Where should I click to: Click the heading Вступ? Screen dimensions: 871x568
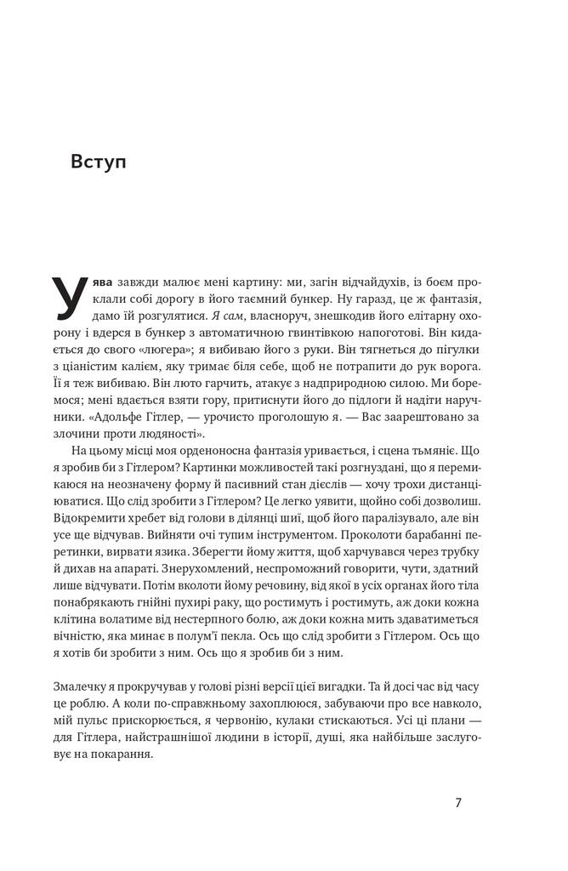(x=99, y=162)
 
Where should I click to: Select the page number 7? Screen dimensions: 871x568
(x=458, y=802)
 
